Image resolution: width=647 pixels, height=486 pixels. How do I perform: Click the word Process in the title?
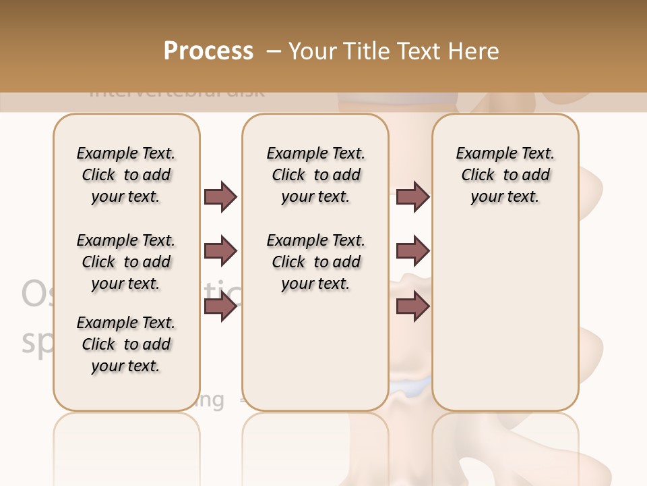point(208,51)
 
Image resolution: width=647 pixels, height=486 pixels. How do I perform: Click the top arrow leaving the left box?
point(220,196)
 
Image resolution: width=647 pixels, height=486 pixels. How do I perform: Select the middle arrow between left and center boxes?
point(220,251)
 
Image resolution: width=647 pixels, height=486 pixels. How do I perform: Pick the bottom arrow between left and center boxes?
point(220,307)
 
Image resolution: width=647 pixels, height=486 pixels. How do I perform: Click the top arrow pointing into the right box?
point(412,196)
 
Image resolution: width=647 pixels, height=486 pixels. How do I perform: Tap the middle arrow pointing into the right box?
point(412,251)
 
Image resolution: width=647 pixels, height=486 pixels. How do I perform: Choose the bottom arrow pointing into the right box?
point(412,307)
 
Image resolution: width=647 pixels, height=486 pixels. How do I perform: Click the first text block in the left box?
point(126,175)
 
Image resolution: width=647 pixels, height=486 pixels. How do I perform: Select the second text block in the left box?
point(126,262)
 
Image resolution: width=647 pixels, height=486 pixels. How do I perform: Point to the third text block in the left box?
point(126,344)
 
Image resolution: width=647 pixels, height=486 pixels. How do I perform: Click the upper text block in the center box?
point(315,175)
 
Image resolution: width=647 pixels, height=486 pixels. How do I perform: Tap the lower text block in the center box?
point(315,262)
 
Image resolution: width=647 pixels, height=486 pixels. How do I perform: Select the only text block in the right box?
point(505,175)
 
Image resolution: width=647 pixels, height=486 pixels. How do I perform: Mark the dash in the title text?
point(274,51)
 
